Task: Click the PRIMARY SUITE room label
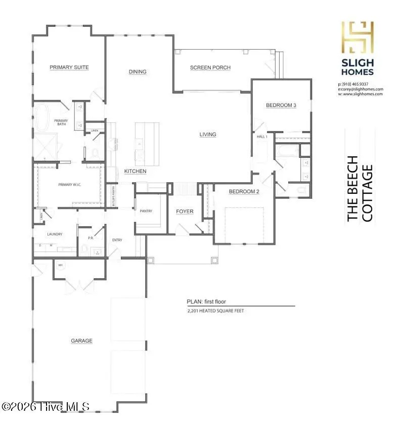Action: click(x=69, y=67)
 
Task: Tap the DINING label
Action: click(x=138, y=72)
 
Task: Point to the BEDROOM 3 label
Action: click(x=281, y=105)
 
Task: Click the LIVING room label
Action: click(x=208, y=135)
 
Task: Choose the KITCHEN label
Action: click(x=136, y=172)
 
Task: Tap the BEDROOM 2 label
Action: click(x=244, y=192)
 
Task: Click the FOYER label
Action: click(x=185, y=211)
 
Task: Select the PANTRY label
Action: click(x=146, y=211)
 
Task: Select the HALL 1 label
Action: click(x=262, y=137)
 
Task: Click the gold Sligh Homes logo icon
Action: click(x=358, y=38)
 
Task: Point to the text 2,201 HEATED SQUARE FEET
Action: click(x=215, y=311)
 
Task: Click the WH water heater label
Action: click(x=60, y=265)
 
